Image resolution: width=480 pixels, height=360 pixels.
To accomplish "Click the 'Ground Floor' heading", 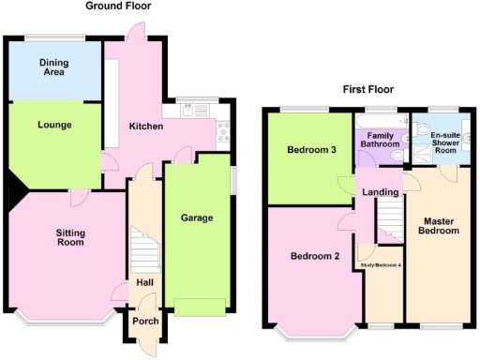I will click(x=118, y=6).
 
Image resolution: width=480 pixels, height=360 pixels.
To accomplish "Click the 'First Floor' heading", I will click(x=367, y=90).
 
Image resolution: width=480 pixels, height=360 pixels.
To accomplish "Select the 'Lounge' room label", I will click(x=54, y=125).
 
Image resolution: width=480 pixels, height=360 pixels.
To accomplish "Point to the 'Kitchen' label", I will click(x=146, y=127).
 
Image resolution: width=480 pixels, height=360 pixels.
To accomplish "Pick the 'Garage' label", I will click(x=197, y=218).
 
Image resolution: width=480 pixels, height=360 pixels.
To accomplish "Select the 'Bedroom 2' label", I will click(x=314, y=256).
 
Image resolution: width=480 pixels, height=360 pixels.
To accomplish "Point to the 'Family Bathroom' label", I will click(x=381, y=141).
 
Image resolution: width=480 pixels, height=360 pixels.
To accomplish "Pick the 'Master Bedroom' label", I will click(x=439, y=225).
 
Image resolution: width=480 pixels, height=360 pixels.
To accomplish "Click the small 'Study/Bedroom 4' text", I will click(x=382, y=265).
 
